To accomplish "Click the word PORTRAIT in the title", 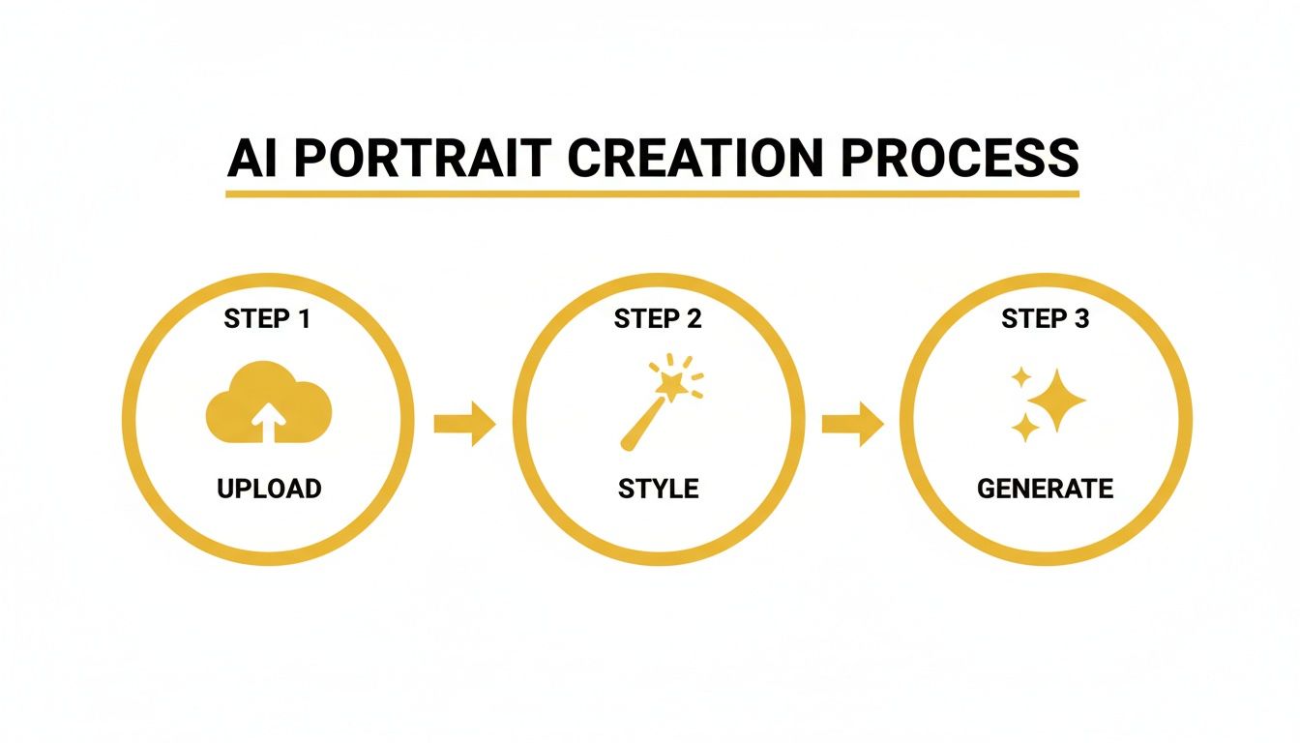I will (423, 160).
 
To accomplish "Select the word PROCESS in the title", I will (959, 160).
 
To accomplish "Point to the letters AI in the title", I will (254, 160).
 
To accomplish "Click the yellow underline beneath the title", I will (652, 193).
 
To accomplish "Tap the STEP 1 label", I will (267, 318).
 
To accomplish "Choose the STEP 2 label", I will (657, 318).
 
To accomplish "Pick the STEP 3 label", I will (1046, 318).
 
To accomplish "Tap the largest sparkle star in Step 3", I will (1057, 400).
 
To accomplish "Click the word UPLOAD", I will (269, 489).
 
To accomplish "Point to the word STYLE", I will (658, 489).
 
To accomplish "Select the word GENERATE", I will (1045, 489).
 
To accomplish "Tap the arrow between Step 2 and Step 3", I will (852, 423).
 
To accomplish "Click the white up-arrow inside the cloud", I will (269, 421).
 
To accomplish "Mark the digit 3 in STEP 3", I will (1081, 318).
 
